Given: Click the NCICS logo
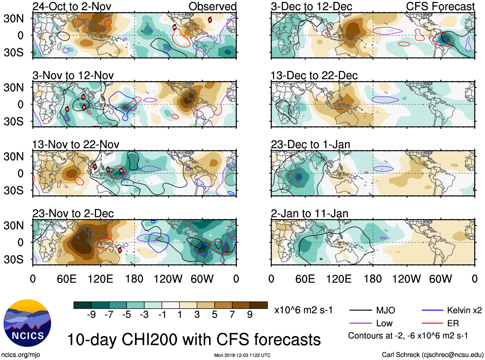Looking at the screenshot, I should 27,323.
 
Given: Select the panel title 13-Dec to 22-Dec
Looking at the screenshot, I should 314,76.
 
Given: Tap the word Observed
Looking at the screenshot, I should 212,6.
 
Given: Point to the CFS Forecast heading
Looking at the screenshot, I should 440,6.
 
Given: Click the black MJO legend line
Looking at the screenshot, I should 361,310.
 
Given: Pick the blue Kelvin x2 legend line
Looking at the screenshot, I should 432,310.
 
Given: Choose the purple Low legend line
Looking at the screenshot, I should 361,323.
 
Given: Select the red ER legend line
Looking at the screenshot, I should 432,323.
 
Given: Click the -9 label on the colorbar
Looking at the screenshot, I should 91,315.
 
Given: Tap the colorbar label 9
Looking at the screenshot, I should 250,315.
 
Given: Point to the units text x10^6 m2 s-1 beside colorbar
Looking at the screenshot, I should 303,310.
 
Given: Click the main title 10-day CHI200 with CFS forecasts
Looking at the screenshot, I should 194,340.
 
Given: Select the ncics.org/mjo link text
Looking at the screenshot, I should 21,355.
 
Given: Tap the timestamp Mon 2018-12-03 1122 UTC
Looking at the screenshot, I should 242,355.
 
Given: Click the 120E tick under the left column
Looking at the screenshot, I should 100,279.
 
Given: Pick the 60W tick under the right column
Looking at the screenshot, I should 440,279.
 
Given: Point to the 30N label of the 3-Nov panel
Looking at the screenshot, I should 14,87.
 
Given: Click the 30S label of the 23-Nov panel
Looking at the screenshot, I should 14,259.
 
